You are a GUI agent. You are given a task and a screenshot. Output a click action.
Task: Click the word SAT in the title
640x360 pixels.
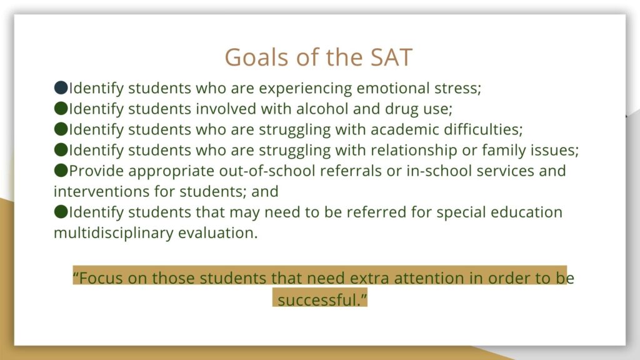click(391, 57)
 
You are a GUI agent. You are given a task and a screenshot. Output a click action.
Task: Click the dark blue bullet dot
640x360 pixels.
click(61, 87)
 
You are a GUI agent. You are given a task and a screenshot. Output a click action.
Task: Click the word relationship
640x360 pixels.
click(414, 151)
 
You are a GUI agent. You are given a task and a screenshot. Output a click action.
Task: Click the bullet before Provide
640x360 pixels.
click(61, 170)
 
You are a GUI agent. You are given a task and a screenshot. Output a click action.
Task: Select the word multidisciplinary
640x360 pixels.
click(114, 233)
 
